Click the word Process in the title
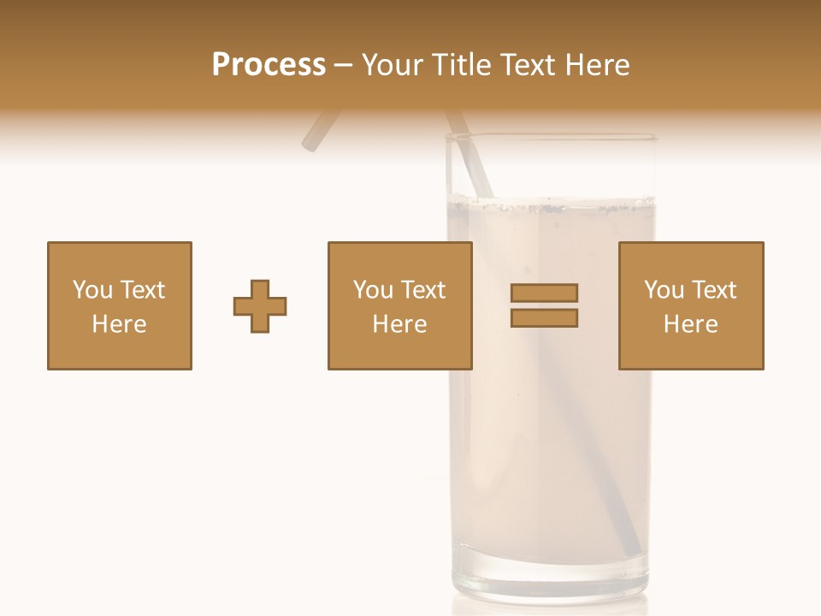[x=269, y=65]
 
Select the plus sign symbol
[x=260, y=306]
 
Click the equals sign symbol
[x=544, y=305]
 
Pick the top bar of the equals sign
[x=544, y=293]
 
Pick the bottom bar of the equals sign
[x=544, y=318]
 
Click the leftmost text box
[x=120, y=305]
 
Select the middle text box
[x=399, y=305]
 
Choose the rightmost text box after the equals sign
[x=690, y=305]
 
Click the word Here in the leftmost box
[x=120, y=324]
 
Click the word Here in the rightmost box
[x=690, y=324]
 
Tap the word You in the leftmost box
[x=92, y=290]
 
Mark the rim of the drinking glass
[x=551, y=136]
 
